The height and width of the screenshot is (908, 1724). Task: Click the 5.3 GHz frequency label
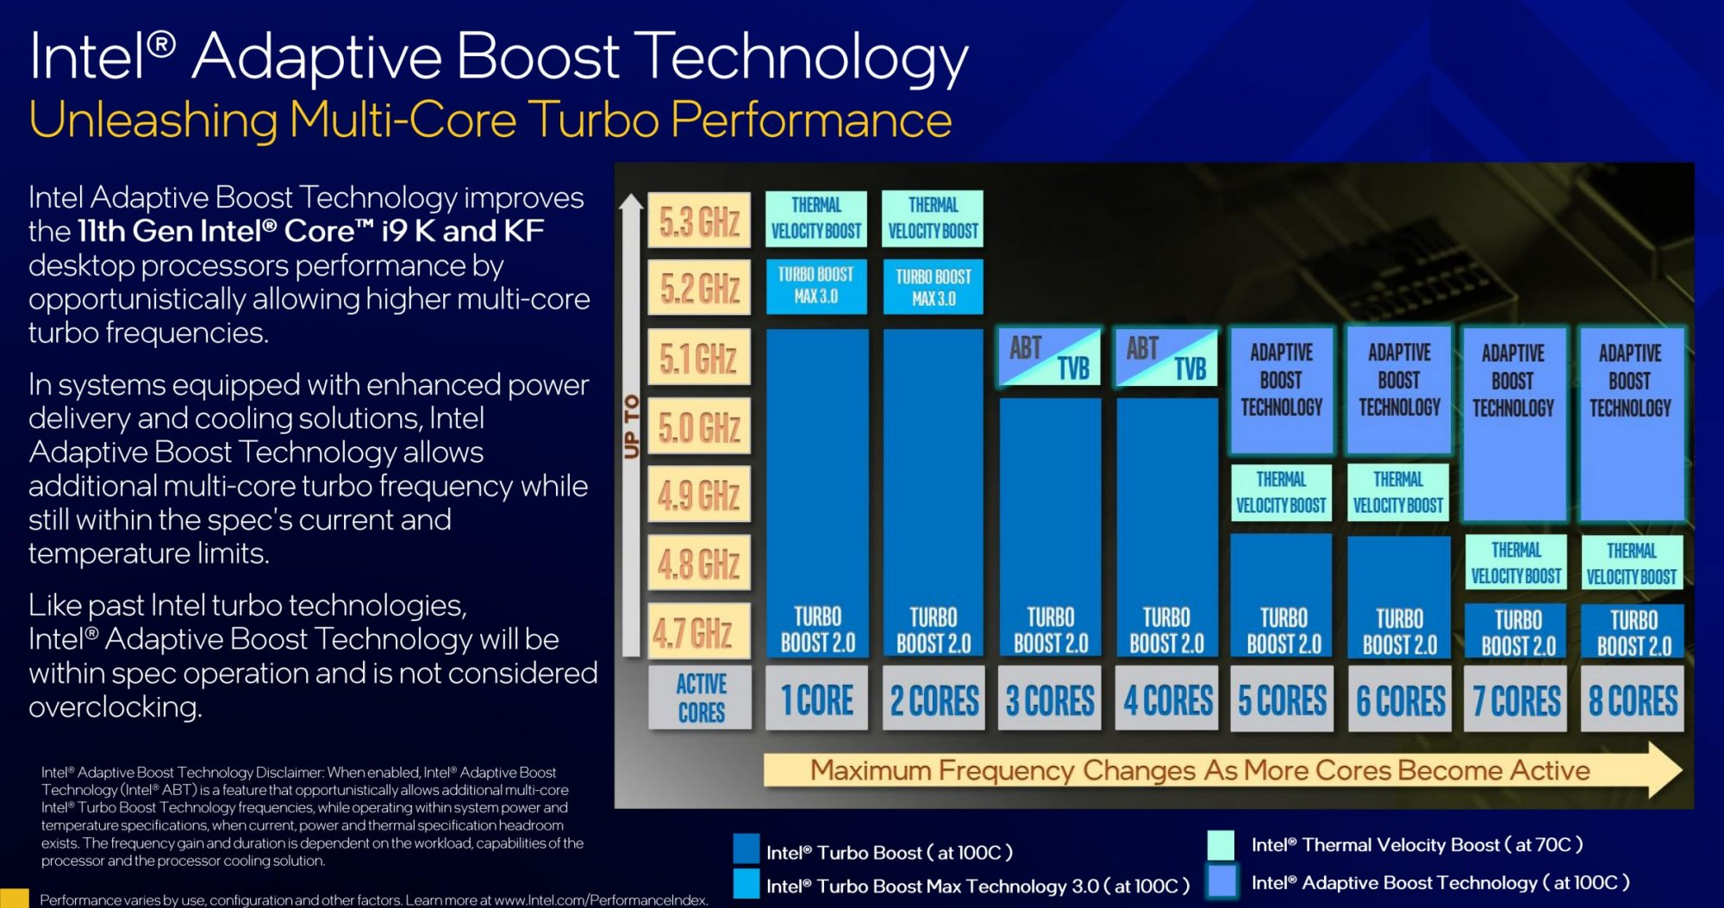click(699, 221)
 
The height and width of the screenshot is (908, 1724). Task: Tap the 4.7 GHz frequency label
click(699, 631)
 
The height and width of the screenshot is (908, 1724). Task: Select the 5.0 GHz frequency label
click(699, 426)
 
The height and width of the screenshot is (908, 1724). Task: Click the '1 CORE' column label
click(816, 699)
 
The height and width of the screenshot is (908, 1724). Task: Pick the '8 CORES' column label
click(1633, 700)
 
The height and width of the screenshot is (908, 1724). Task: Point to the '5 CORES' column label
click(1282, 700)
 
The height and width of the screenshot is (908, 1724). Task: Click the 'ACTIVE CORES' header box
click(700, 698)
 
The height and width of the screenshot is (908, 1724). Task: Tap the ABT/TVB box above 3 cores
click(1050, 357)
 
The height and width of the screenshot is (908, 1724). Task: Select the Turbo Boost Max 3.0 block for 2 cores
click(933, 287)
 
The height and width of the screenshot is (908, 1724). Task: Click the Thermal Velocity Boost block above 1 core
click(815, 219)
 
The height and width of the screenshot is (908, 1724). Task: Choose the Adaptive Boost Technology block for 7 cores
click(1515, 424)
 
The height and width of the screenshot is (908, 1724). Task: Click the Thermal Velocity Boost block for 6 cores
click(1398, 492)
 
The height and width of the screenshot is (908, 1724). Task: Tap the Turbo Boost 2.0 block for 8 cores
click(1633, 632)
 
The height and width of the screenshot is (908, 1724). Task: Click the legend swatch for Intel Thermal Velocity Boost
click(1221, 845)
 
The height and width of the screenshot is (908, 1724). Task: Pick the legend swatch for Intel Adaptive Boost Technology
click(1221, 882)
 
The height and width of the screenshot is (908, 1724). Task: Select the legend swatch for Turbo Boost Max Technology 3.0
click(746, 884)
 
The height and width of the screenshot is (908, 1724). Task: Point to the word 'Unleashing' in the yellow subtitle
click(153, 120)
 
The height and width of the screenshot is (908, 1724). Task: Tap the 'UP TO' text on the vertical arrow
click(632, 426)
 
